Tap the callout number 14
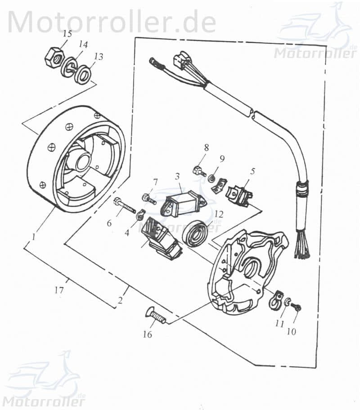tap(83, 45)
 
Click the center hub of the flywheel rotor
tap(83, 161)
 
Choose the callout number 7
tap(155, 182)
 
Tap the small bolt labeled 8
tap(198, 171)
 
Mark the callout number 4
tap(127, 233)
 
